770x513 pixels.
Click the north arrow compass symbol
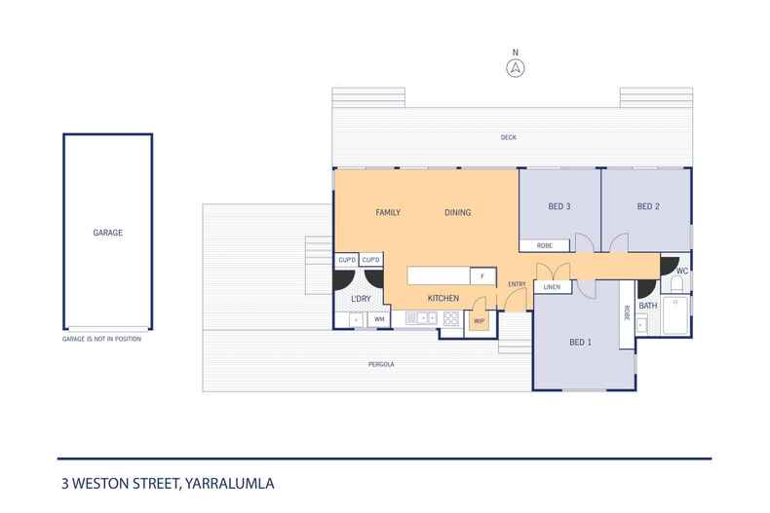tap(516, 67)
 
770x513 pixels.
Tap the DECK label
tap(508, 137)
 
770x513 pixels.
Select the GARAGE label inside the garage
tap(107, 233)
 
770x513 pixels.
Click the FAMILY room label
tap(390, 211)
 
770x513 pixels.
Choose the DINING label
tap(457, 211)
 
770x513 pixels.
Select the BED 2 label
tap(648, 206)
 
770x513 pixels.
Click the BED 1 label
tap(582, 342)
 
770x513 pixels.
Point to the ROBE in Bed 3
tap(545, 245)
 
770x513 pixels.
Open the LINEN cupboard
tap(552, 287)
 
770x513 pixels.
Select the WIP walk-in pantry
tap(479, 319)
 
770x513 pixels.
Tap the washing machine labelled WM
tap(379, 318)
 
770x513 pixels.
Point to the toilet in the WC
tap(676, 285)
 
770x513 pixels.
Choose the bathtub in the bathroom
tap(675, 317)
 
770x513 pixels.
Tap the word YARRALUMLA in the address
tap(232, 482)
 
